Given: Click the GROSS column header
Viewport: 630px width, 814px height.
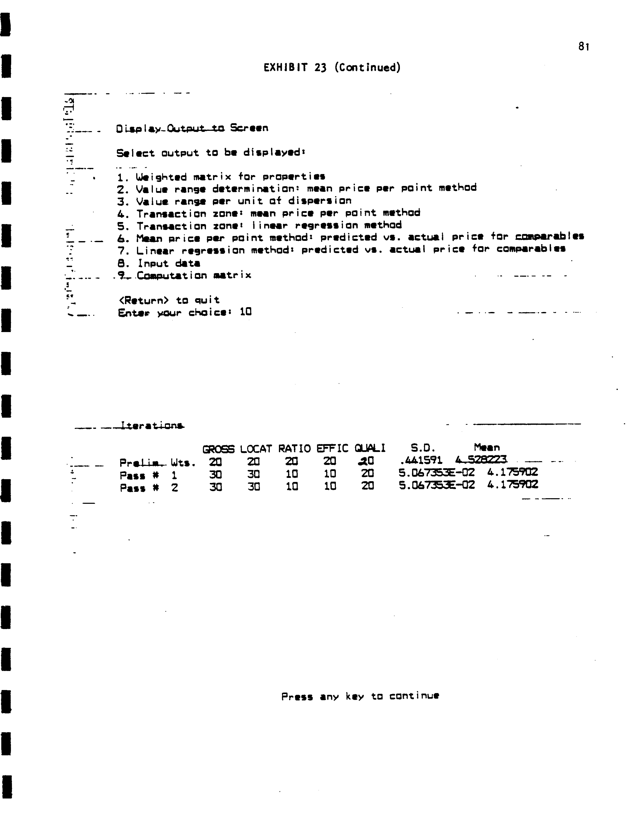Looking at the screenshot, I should [218, 449].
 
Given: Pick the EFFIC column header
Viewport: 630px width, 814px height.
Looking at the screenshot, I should [332, 448].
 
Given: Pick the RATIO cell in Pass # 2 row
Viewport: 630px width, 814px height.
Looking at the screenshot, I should [292, 486].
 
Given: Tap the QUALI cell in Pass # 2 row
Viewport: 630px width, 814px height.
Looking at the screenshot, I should [368, 486].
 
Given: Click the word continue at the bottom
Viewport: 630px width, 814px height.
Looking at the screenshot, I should [414, 696].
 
